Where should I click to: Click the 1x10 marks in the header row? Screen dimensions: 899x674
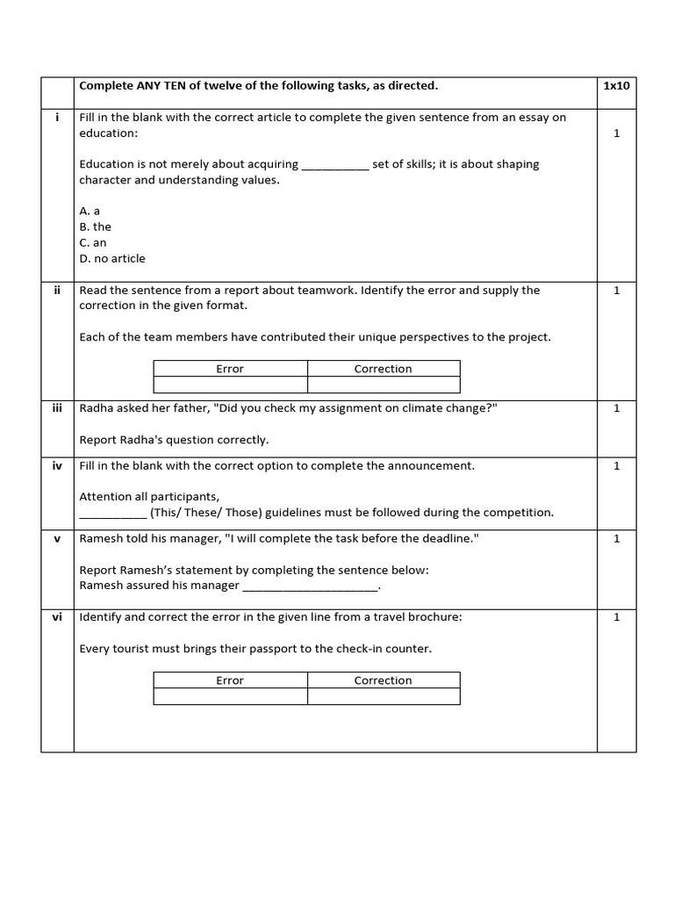click(x=616, y=85)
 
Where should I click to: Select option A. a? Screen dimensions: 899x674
click(x=90, y=211)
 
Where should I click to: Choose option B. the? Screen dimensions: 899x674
click(x=95, y=227)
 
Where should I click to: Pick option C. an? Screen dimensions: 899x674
click(x=93, y=242)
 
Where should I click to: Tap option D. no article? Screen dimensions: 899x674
click(x=112, y=258)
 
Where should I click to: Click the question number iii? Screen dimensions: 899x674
click(x=57, y=407)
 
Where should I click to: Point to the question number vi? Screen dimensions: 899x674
click(x=57, y=616)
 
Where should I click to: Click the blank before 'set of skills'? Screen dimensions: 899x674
click(x=335, y=164)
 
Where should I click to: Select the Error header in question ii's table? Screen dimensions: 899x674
click(x=230, y=369)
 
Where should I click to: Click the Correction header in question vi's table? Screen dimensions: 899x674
click(x=383, y=680)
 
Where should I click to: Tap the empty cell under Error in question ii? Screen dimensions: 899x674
click(x=230, y=385)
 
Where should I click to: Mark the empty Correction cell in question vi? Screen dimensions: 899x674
click(x=383, y=696)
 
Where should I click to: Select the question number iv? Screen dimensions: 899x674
click(x=57, y=465)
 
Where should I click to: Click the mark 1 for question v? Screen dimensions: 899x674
click(x=616, y=538)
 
